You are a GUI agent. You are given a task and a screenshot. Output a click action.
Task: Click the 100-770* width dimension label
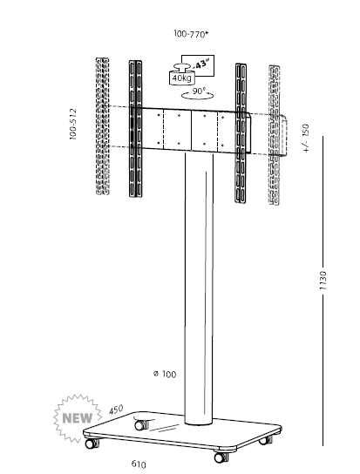191,34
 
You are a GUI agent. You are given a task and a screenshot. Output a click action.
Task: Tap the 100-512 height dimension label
73,124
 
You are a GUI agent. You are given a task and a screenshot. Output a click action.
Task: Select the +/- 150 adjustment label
307,139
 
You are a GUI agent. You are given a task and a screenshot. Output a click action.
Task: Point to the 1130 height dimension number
323,281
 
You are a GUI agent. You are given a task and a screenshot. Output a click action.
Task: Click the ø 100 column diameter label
165,374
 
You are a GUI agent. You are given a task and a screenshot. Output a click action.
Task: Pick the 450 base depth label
116,410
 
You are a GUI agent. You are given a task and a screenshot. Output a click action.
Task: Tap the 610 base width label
139,464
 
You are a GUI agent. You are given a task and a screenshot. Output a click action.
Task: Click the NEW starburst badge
77,418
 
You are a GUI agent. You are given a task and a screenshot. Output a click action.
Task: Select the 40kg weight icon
182,74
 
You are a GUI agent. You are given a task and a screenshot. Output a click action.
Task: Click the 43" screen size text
200,64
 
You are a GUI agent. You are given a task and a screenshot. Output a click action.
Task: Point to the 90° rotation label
199,91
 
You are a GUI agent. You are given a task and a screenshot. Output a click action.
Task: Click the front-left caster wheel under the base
92,443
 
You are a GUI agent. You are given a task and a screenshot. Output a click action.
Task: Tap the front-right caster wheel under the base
221,457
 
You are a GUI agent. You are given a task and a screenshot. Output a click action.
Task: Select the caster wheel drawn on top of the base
140,424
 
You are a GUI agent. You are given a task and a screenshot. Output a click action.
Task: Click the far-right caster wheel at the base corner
265,439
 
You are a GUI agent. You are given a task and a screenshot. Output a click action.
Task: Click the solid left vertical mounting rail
135,129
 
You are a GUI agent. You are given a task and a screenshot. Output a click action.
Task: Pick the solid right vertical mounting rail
241,132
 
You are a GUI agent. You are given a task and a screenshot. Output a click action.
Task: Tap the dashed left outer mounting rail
103,126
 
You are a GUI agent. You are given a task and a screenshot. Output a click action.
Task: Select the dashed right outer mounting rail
275,135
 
